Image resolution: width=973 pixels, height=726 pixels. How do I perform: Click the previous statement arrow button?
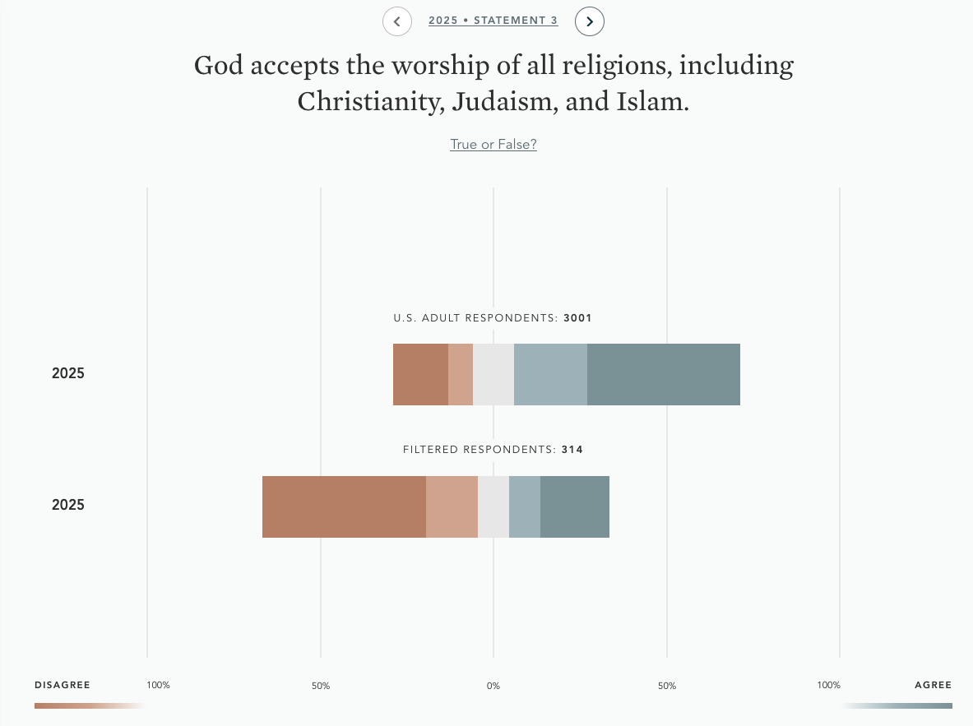(397, 21)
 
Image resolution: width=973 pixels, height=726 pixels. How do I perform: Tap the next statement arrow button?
(590, 21)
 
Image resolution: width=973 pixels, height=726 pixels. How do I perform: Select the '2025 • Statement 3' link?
(493, 21)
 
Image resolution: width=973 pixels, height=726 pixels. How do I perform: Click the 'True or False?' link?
(493, 145)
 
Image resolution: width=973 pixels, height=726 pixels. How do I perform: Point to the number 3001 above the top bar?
(577, 318)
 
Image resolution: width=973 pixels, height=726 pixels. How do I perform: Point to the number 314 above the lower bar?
(572, 450)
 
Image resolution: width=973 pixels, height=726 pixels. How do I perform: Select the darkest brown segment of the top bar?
(420, 374)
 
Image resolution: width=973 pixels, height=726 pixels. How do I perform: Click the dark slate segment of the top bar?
(664, 374)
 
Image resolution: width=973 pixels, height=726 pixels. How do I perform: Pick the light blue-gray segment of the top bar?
(550, 374)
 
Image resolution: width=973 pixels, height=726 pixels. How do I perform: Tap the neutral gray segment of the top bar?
(493, 374)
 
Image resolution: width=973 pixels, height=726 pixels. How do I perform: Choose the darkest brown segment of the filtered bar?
(344, 506)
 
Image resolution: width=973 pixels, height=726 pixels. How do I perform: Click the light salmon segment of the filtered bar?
(452, 506)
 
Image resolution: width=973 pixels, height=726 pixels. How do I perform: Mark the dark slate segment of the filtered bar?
(575, 506)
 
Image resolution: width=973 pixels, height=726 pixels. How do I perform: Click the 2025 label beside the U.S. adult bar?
(68, 373)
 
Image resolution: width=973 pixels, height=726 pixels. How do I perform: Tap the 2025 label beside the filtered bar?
(68, 505)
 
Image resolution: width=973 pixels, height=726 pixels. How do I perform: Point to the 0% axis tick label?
(493, 686)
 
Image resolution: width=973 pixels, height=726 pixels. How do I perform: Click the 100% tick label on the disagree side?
(158, 685)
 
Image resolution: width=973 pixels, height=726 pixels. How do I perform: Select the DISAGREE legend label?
(63, 685)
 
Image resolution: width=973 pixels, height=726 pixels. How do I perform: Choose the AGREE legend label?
(933, 685)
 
